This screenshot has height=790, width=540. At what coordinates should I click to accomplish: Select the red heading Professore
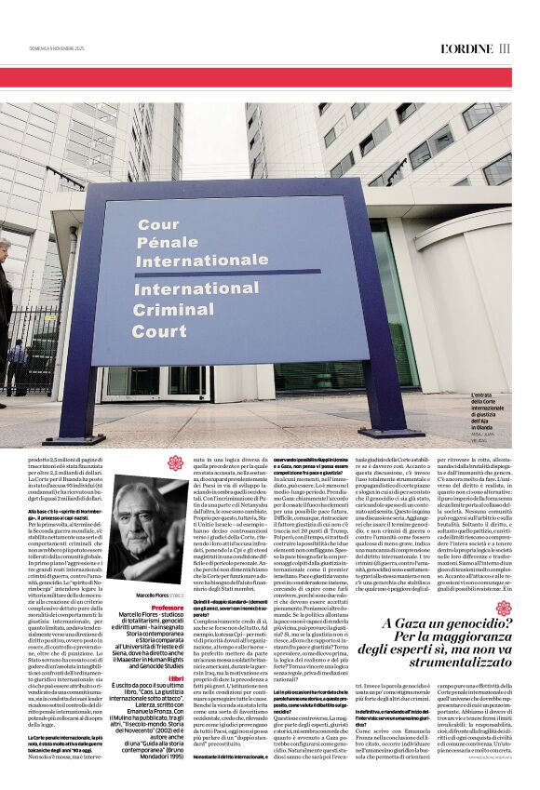167,582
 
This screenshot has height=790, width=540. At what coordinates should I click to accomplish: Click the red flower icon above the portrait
176,463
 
